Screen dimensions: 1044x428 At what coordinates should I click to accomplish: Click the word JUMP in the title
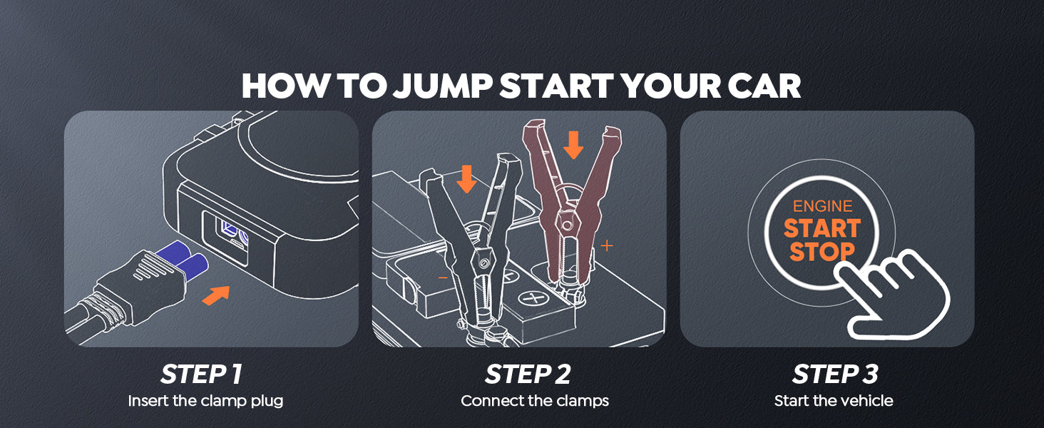click(443, 86)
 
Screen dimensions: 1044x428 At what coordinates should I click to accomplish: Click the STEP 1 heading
click(201, 374)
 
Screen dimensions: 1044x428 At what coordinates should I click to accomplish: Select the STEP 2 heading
click(528, 374)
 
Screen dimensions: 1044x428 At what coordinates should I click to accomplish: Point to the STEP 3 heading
click(835, 374)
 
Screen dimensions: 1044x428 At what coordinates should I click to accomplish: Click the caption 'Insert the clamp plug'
click(205, 401)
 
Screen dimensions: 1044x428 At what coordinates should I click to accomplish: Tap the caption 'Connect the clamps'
click(535, 401)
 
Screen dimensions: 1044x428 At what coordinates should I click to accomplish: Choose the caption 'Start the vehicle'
click(834, 401)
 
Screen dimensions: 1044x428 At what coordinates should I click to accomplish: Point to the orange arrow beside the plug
click(216, 295)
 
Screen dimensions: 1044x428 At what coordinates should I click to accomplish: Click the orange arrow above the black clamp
click(466, 180)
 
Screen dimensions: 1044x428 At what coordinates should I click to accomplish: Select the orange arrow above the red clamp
click(573, 145)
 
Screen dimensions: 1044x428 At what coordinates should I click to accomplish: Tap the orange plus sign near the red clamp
click(606, 245)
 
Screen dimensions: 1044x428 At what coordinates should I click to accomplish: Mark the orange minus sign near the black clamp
click(443, 278)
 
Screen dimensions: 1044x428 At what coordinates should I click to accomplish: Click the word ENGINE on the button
click(823, 206)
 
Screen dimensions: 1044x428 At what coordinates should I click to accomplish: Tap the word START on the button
click(822, 229)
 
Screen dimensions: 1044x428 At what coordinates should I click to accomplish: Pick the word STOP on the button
click(822, 252)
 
